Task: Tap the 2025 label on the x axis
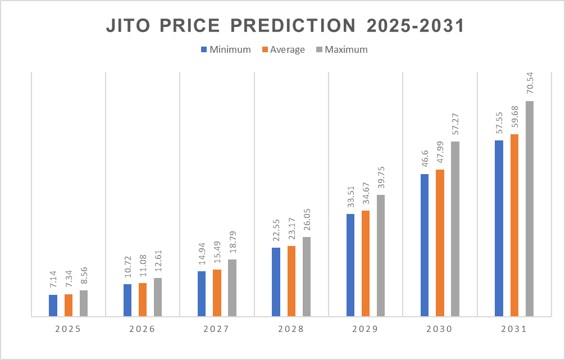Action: click(68, 330)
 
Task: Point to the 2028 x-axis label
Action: click(291, 330)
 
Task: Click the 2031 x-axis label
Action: click(514, 330)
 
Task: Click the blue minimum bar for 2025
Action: click(53, 306)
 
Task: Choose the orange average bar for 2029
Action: click(366, 263)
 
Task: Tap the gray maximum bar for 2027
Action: click(233, 288)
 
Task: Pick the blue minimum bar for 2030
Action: click(425, 245)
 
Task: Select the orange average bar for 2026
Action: click(143, 299)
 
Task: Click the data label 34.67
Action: click(366, 194)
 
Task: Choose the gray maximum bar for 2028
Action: click(307, 276)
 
